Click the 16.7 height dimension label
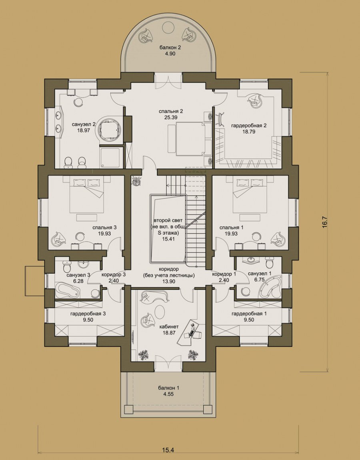pos(324,222)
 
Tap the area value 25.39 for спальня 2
pos(171,117)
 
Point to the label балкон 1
pos(168,388)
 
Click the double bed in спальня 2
pos(190,139)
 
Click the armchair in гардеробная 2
pos(255,100)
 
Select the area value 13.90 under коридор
pos(168,281)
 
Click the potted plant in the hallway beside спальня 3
pos(136,180)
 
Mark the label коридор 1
pos(224,274)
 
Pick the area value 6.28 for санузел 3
pos(78,281)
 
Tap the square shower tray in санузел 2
pos(110,157)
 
